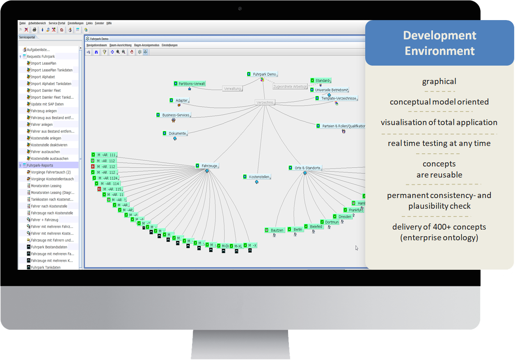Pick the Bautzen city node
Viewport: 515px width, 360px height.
(x=277, y=230)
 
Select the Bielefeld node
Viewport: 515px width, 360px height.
(x=316, y=227)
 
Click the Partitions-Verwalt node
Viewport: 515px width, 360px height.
(x=191, y=84)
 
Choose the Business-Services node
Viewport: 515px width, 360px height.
(x=175, y=115)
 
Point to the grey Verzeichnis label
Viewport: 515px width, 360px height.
(x=265, y=103)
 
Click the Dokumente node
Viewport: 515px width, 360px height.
(x=177, y=134)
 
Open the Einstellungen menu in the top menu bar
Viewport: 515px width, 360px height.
(x=76, y=23)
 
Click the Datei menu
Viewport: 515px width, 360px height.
(x=23, y=23)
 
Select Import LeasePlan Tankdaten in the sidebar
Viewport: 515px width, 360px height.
(x=51, y=70)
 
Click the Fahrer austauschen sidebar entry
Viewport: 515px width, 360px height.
(x=45, y=152)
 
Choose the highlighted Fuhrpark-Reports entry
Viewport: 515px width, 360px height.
(x=40, y=165)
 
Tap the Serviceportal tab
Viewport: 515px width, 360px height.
(x=27, y=37)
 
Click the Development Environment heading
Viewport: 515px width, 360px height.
(x=439, y=43)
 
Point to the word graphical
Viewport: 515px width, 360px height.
(x=439, y=82)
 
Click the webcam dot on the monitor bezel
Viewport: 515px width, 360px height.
(x=240, y=9)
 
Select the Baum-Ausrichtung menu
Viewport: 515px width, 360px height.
(x=120, y=45)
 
